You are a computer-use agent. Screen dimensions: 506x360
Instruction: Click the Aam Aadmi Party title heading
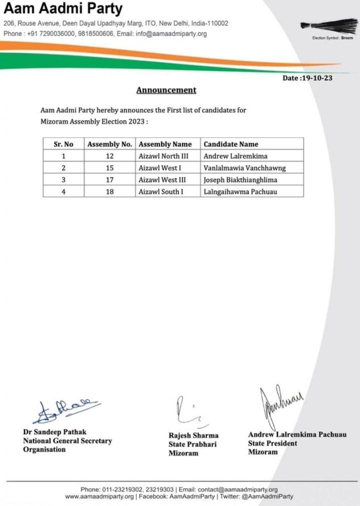coord(63,9)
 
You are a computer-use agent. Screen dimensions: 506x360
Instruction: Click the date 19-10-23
coord(307,78)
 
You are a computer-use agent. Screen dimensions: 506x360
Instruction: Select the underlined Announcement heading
coord(166,90)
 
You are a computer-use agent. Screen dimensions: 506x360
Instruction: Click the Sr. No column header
coord(64,144)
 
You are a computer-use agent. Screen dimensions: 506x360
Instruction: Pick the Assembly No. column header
coord(110,144)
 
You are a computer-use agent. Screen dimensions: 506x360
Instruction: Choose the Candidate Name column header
coord(231,144)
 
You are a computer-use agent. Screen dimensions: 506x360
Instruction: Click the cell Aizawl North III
coord(163,156)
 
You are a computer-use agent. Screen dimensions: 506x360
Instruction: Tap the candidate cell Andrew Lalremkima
coord(228,156)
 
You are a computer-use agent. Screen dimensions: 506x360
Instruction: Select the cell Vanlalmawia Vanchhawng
coord(244,168)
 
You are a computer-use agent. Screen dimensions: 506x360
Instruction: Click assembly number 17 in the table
coord(110,180)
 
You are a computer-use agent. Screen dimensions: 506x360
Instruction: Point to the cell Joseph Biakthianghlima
coord(240,180)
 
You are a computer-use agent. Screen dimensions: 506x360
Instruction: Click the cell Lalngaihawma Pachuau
coord(240,192)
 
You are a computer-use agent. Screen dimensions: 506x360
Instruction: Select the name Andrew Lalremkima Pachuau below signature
coord(297,434)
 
